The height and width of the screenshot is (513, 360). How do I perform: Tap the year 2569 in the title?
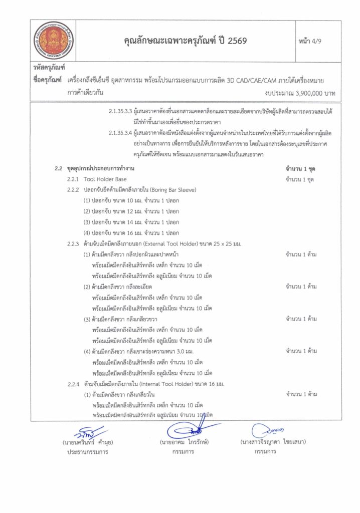tap(236, 41)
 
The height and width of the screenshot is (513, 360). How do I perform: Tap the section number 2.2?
tap(59, 168)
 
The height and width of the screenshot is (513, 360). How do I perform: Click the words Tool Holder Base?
tap(105, 179)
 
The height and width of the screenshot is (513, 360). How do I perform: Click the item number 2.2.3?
tap(73, 243)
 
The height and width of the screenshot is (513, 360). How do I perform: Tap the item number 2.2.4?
tap(73, 384)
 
